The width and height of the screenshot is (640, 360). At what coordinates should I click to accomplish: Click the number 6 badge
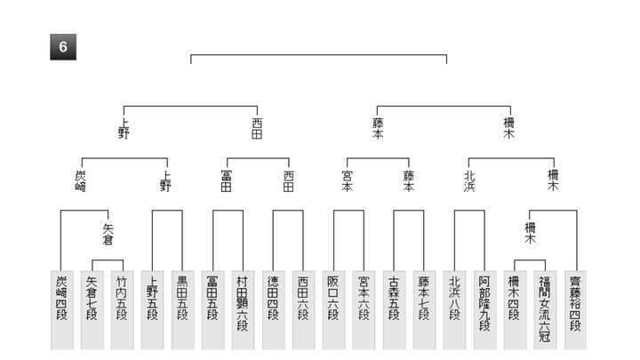[x=63, y=47]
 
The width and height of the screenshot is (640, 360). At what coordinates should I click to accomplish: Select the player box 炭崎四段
[x=62, y=310]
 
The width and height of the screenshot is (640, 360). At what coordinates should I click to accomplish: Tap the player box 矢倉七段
[x=92, y=310]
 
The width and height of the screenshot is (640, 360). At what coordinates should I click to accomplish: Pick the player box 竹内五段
[x=123, y=310]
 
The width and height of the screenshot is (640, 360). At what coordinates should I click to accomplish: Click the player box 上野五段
[x=152, y=310]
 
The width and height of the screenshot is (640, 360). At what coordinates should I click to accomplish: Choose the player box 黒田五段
[x=183, y=310]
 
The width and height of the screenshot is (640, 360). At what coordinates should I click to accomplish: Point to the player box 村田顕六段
[x=243, y=310]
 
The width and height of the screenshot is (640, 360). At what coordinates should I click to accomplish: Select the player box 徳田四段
[x=274, y=310]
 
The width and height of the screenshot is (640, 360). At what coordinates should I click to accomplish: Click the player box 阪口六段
[x=333, y=310]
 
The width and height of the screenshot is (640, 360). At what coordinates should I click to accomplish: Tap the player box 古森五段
[x=395, y=310]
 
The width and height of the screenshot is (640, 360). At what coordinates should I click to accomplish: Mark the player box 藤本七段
[x=425, y=310]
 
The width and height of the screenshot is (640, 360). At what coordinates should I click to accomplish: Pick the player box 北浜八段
[x=454, y=310]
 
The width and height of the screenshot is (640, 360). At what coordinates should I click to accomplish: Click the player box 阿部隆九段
[x=485, y=310]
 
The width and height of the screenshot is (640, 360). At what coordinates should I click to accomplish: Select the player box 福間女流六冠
[x=545, y=310]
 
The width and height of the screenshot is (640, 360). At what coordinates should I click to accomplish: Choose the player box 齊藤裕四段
[x=575, y=310]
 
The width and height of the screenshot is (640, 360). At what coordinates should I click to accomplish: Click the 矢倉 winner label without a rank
[x=108, y=235]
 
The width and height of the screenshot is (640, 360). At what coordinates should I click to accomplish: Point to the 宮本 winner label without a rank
[x=347, y=181]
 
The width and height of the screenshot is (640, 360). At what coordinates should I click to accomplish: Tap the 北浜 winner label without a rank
[x=469, y=181]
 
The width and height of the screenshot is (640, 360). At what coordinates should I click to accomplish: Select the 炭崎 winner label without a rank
[x=81, y=181]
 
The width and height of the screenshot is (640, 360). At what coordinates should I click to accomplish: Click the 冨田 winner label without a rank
[x=226, y=181]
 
